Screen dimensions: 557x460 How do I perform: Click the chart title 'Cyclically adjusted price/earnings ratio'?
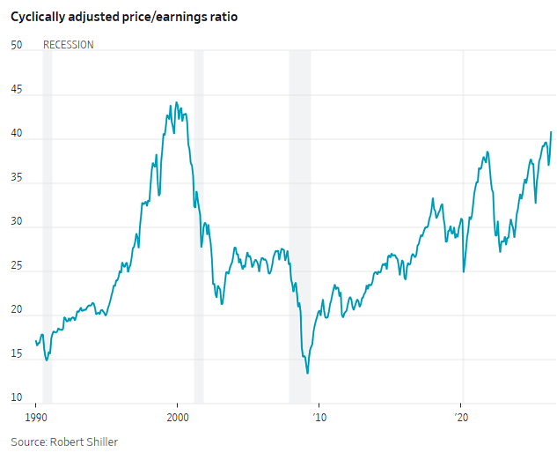pyautogui.click(x=124, y=17)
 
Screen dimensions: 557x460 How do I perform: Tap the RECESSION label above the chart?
pyautogui.click(x=69, y=45)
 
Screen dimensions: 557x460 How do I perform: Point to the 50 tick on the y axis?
pyautogui.click(x=17, y=45)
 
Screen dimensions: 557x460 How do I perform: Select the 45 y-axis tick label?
pyautogui.click(x=17, y=89)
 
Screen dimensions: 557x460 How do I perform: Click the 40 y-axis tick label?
pyautogui.click(x=17, y=133)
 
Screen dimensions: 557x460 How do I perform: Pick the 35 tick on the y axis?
pyautogui.click(x=17, y=177)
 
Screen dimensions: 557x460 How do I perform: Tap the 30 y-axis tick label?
pyautogui.click(x=17, y=221)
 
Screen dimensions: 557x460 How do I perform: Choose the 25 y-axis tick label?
pyautogui.click(x=17, y=265)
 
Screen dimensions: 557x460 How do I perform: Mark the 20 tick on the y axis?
pyautogui.click(x=17, y=309)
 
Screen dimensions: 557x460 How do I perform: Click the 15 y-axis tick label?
pyautogui.click(x=17, y=353)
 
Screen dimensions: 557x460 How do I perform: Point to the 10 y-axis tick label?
pyautogui.click(x=17, y=397)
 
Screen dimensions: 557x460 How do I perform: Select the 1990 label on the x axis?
pyautogui.click(x=36, y=418)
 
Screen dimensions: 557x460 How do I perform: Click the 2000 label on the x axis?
pyautogui.click(x=178, y=418)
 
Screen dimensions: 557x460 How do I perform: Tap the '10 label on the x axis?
pyautogui.click(x=319, y=418)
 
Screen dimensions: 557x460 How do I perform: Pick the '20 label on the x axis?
pyautogui.click(x=461, y=418)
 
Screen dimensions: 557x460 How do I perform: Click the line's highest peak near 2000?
pyautogui.click(x=177, y=102)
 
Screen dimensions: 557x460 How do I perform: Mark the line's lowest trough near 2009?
pyautogui.click(x=307, y=373)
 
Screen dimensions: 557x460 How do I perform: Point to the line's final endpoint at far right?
pyautogui.click(x=551, y=132)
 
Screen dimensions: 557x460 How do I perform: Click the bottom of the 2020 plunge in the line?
pyautogui.click(x=464, y=271)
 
